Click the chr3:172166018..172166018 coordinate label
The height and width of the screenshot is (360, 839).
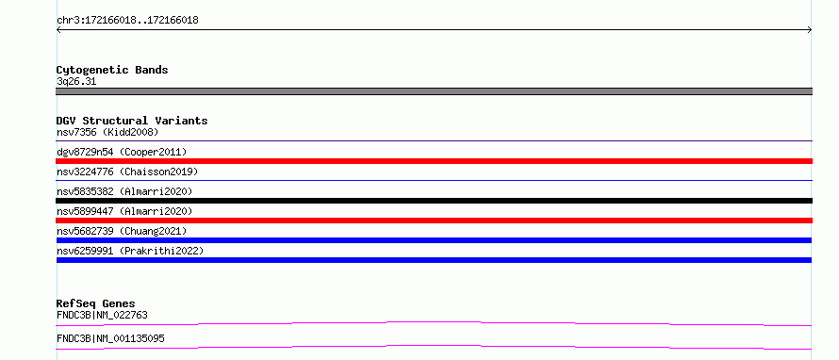(x=127, y=21)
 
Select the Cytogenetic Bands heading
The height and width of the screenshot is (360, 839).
(x=112, y=70)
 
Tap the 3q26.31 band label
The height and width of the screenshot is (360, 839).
(x=76, y=82)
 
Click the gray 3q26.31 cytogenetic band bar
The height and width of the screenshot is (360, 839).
(x=434, y=91)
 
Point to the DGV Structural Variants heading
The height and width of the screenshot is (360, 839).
(x=132, y=121)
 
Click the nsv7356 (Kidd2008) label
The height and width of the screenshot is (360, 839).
(x=107, y=132)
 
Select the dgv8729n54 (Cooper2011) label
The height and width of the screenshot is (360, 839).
(x=122, y=152)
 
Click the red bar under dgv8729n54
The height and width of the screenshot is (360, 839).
(x=434, y=161)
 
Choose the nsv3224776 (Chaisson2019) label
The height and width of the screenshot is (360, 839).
(x=127, y=172)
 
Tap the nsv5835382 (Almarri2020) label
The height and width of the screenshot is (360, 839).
(x=124, y=191)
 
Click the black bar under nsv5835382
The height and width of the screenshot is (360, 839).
(x=434, y=201)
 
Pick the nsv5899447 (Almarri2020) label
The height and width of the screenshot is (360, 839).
(x=124, y=211)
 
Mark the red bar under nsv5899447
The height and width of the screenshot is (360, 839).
(x=434, y=221)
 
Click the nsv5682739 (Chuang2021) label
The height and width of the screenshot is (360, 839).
(x=122, y=231)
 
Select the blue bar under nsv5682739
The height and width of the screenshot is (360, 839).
(x=434, y=240)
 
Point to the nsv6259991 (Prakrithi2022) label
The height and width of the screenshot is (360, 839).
(x=130, y=251)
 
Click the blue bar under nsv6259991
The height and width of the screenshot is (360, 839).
(x=434, y=260)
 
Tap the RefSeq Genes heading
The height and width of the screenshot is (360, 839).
(x=96, y=304)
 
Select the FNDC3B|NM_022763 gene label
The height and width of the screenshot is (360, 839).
(x=102, y=316)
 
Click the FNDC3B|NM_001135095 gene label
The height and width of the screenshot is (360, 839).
(x=110, y=339)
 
